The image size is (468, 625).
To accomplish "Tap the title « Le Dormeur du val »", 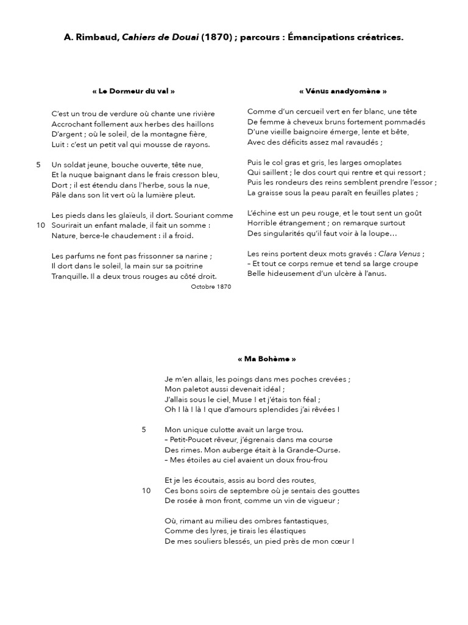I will coord(133,91).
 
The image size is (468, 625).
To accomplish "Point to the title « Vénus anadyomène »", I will coord(343,91).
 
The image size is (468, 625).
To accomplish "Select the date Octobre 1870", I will coord(211,286).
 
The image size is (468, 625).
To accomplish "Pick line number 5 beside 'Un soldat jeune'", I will coord(38,165).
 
